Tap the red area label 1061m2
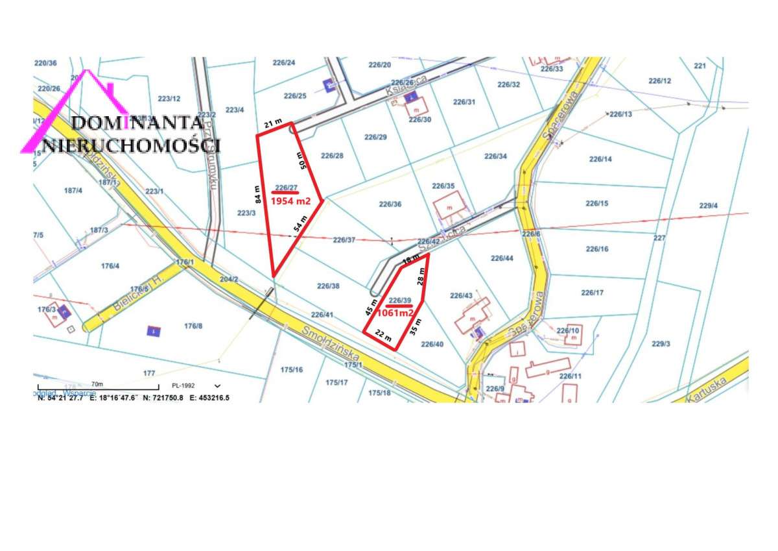click(x=395, y=312)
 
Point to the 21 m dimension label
click(x=272, y=123)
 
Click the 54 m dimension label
click(x=299, y=225)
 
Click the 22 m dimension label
click(x=384, y=337)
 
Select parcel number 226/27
click(x=286, y=188)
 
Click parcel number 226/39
click(x=399, y=300)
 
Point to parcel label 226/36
click(x=390, y=204)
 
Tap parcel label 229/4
click(x=709, y=206)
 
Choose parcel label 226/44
click(x=502, y=258)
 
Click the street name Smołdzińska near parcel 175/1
click(x=331, y=342)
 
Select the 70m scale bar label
click(x=97, y=384)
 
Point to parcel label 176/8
click(x=193, y=326)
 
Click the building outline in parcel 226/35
click(x=449, y=207)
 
